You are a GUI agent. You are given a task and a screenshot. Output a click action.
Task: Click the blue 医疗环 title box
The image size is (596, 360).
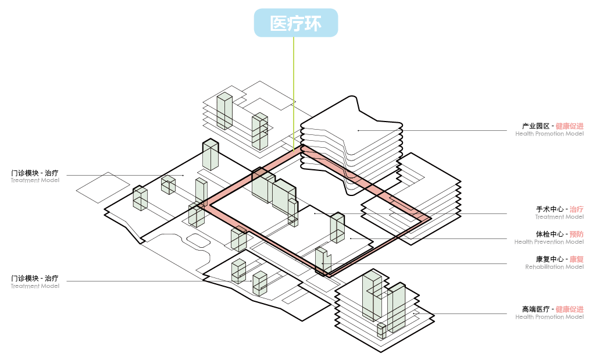pyautogui.click(x=295, y=23)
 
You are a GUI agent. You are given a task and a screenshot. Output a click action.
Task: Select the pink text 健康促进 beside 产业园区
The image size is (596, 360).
pyautogui.click(x=569, y=126)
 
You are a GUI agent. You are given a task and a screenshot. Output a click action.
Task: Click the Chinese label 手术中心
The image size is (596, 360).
pyautogui.click(x=549, y=209)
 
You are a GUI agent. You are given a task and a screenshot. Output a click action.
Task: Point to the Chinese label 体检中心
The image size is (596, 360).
pyautogui.click(x=549, y=234)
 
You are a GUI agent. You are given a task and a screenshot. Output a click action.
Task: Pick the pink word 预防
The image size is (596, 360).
pyautogui.click(x=576, y=234)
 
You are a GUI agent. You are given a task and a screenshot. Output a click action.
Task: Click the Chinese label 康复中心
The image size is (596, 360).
pyautogui.click(x=549, y=259)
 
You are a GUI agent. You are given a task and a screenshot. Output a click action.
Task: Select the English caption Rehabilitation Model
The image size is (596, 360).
pyautogui.click(x=554, y=267)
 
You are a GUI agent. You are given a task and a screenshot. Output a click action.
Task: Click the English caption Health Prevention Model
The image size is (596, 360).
pyautogui.click(x=549, y=242)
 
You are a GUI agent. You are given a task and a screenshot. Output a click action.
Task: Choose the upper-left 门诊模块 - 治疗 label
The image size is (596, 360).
pyautogui.click(x=34, y=173)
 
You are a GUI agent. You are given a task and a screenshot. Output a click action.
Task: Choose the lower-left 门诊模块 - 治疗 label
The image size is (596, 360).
pyautogui.click(x=34, y=278)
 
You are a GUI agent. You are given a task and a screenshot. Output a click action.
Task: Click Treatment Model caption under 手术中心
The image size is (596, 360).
pyautogui.click(x=559, y=217)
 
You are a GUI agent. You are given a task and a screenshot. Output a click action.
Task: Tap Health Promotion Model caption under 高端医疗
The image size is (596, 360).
pyautogui.click(x=549, y=317)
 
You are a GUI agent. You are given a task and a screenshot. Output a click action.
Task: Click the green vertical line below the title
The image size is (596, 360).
pyautogui.click(x=294, y=87)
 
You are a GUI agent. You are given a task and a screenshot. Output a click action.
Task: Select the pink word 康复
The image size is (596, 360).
pyautogui.click(x=576, y=259)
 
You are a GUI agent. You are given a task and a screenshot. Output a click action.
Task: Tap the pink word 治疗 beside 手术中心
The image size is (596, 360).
pyautogui.click(x=576, y=209)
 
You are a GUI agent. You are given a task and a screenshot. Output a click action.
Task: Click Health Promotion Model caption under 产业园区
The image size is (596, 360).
pyautogui.click(x=549, y=134)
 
